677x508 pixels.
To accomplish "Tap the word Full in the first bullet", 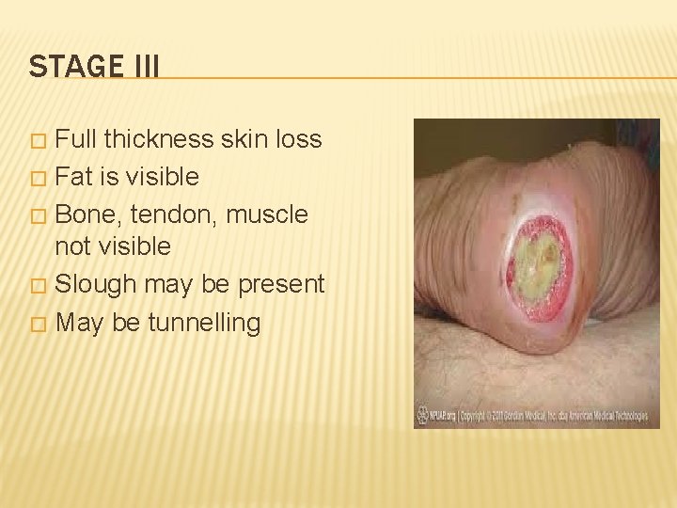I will [77, 139].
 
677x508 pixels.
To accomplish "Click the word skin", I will [243, 139].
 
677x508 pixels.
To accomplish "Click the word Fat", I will [74, 176].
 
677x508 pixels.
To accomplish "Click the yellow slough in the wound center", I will [538, 265].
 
